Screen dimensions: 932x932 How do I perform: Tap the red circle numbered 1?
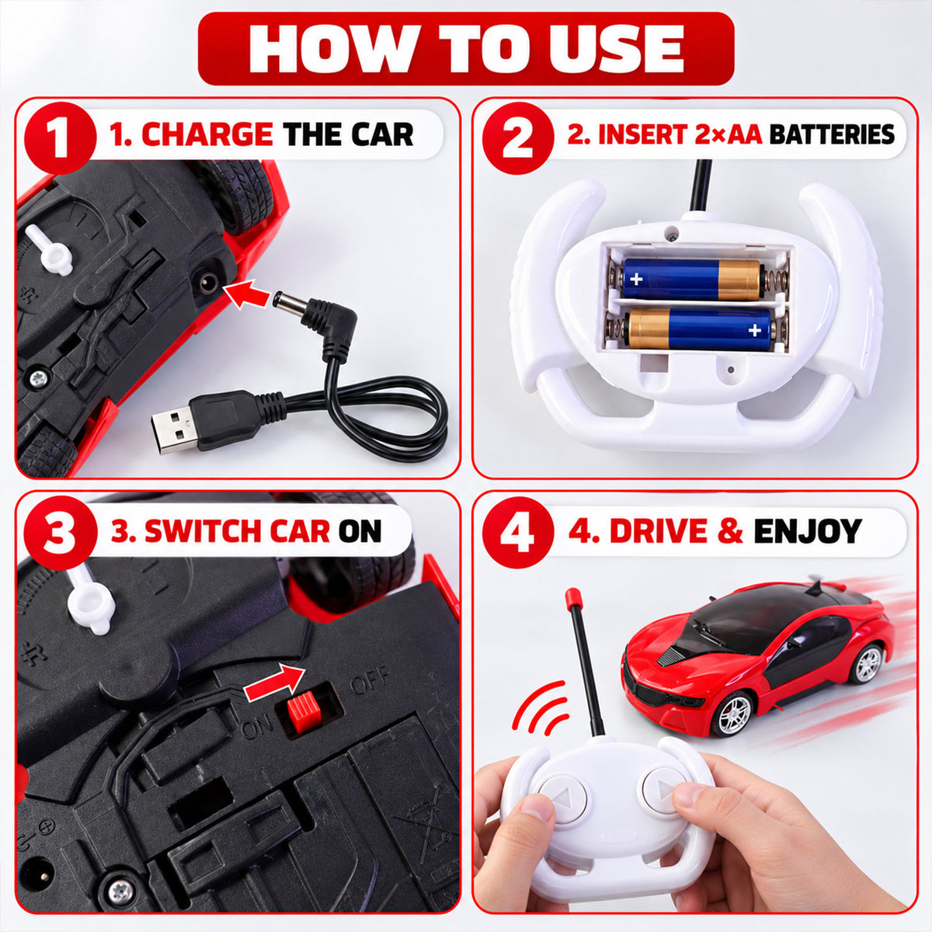(x=61, y=137)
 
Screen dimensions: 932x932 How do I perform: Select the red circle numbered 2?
(x=518, y=137)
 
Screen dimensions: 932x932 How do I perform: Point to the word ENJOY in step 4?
(x=808, y=531)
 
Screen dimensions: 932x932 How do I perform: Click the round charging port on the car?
(x=208, y=281)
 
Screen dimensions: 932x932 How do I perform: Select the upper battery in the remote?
(x=690, y=279)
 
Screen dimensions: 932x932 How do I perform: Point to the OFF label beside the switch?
(x=370, y=680)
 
